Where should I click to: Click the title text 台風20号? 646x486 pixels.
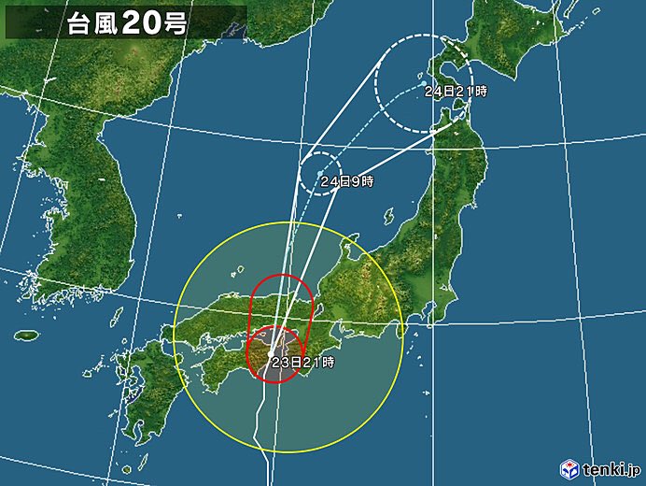point(126,23)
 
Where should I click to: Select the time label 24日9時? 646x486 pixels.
point(345,181)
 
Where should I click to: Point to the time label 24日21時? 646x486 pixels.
point(456,92)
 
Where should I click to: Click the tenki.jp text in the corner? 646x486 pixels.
point(611,467)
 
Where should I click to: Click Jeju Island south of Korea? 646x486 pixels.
point(27,335)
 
